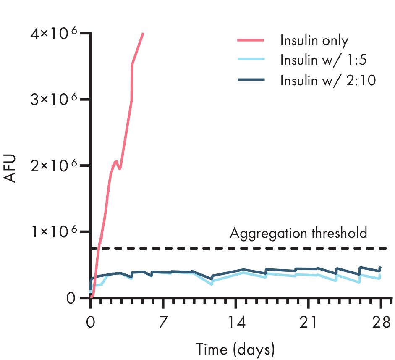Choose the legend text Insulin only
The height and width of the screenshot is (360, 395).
click(314, 41)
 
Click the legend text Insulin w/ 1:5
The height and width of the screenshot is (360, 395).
click(323, 60)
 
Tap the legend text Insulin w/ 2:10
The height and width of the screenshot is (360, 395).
click(328, 79)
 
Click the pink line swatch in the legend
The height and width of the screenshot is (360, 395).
click(251, 40)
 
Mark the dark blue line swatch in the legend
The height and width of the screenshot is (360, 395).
click(251, 79)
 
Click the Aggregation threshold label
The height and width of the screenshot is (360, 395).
click(298, 233)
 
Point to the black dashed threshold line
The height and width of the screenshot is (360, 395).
click(252, 248)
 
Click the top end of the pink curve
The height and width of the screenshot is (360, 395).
click(143, 33)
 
